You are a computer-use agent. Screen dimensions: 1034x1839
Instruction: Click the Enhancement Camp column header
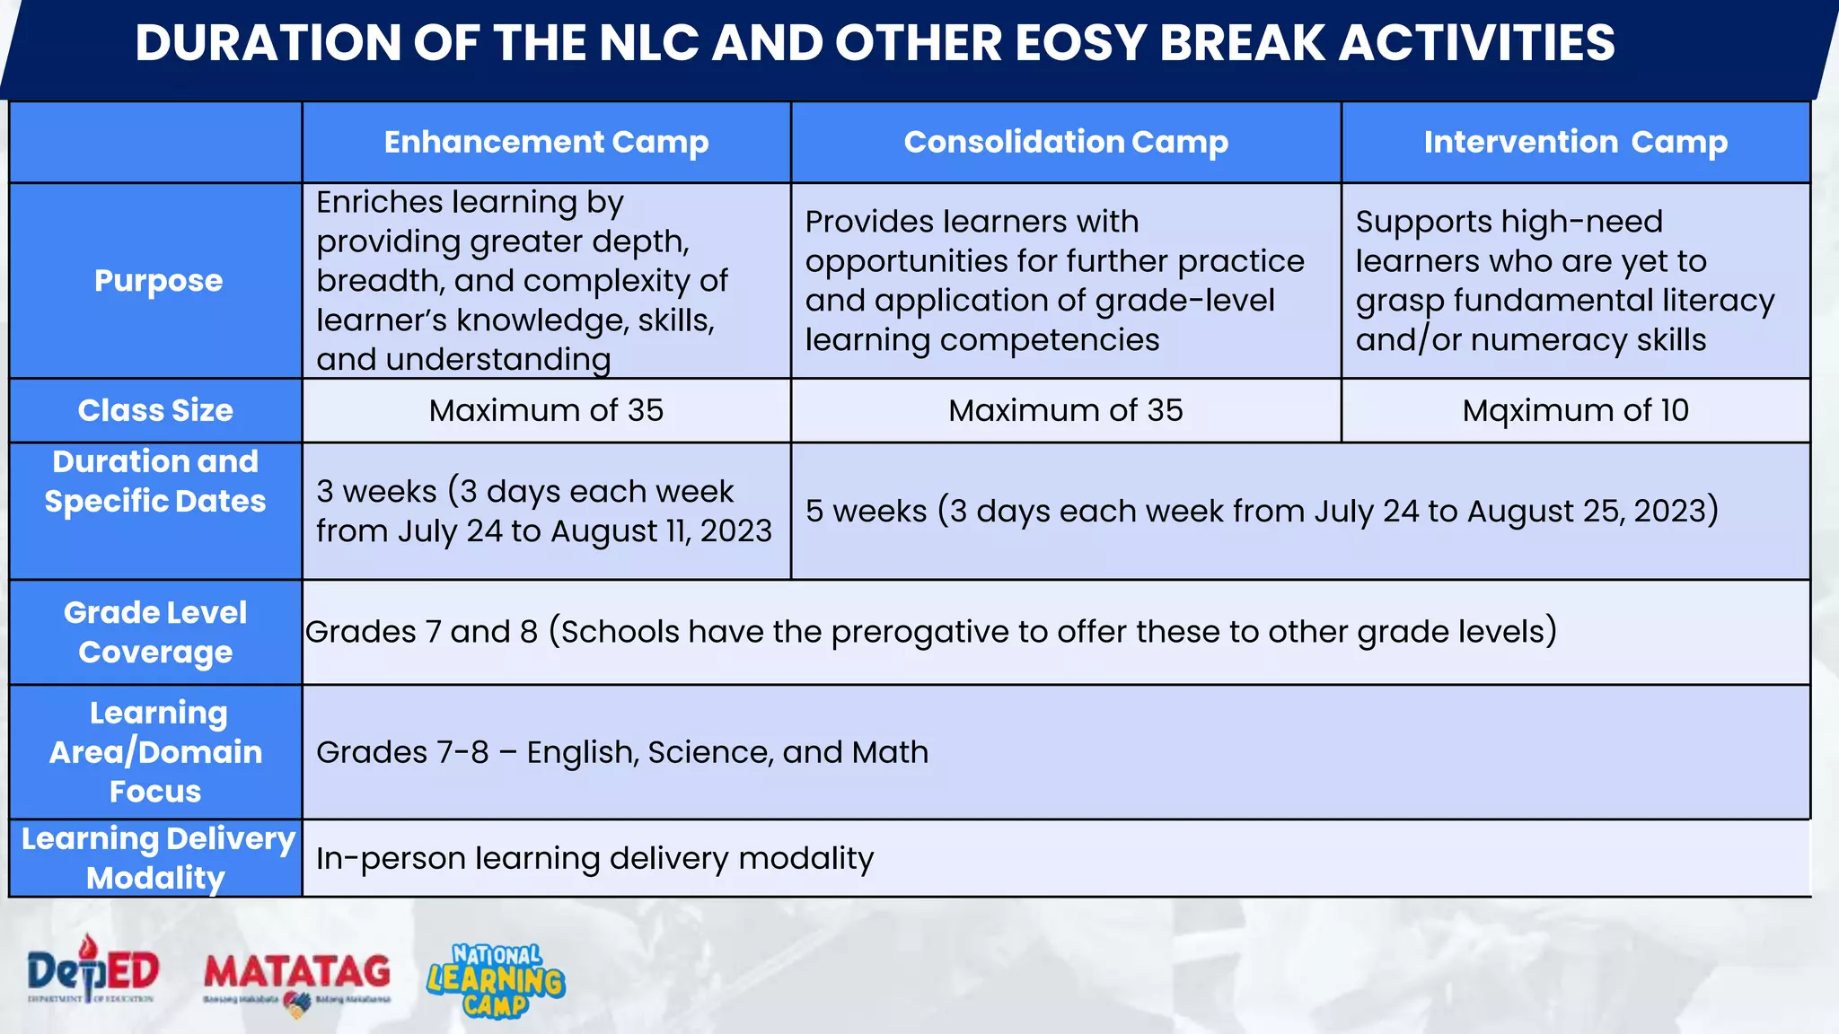546,142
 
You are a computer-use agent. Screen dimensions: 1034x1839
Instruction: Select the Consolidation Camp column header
1066,142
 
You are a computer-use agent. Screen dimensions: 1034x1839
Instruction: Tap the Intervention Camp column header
1575,142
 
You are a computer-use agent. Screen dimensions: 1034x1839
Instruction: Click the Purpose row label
158,281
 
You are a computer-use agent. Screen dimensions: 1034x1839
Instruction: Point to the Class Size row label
155,410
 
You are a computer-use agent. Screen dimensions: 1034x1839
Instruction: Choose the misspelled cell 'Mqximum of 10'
1575,410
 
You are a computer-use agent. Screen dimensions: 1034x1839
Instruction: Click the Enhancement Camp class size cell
546,410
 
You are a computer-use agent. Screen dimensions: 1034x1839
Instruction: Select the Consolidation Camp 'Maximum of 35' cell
1066,410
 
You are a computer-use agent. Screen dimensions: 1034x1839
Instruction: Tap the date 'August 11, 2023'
661,530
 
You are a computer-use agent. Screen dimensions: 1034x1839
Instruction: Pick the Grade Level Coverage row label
155,632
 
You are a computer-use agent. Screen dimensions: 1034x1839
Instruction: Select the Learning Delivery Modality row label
157,858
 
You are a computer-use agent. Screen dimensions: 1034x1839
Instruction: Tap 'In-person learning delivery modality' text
594,859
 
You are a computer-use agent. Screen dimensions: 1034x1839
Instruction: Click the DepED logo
92,973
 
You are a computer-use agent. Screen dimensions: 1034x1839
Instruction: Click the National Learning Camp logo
496,980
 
